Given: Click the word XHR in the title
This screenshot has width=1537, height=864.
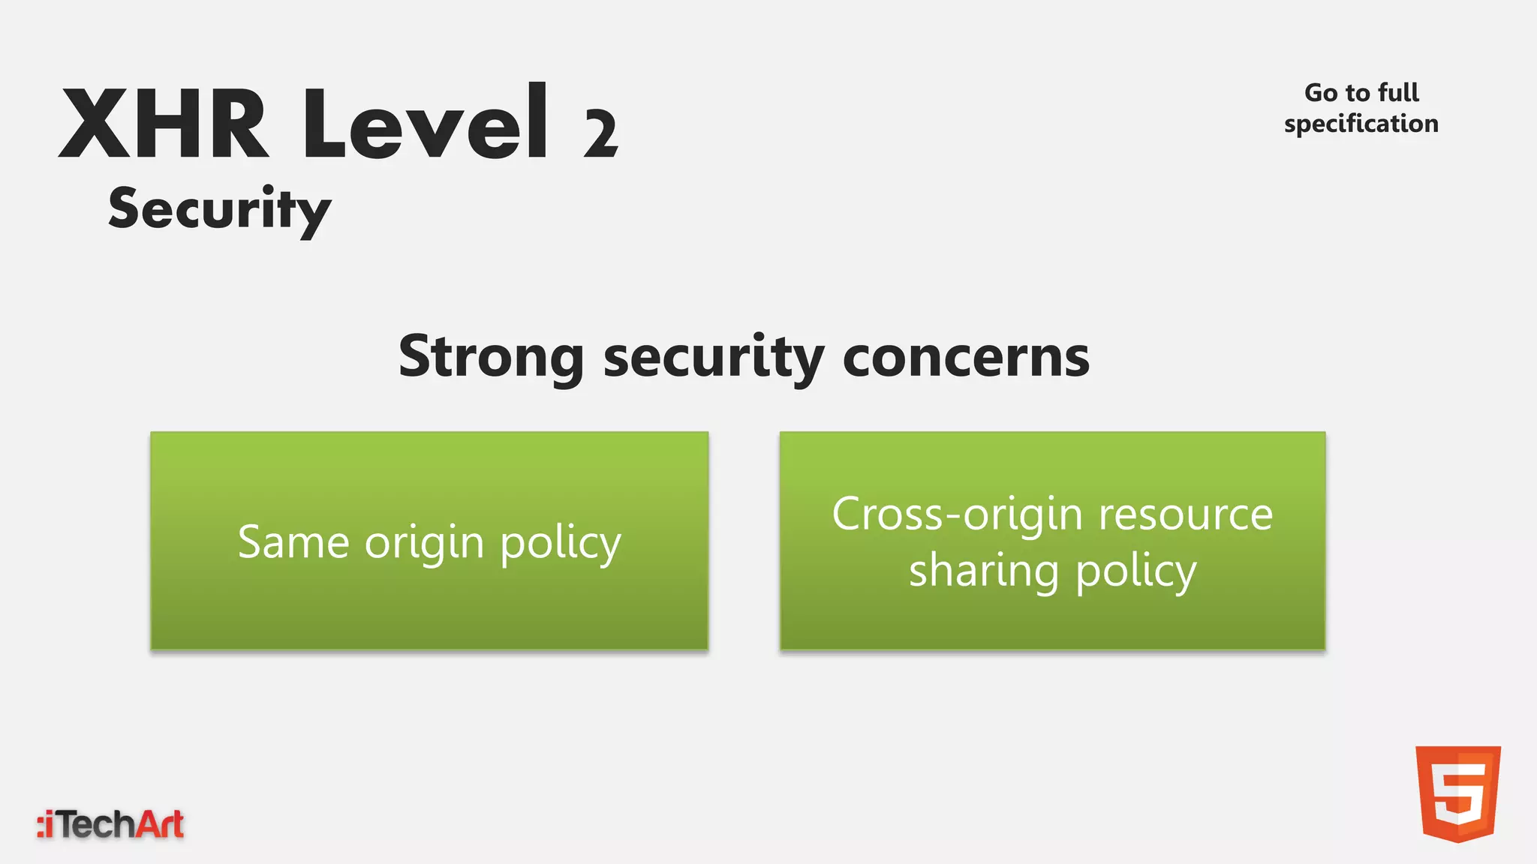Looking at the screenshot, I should click(164, 124).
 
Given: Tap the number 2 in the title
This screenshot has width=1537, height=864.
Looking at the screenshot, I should click(600, 135).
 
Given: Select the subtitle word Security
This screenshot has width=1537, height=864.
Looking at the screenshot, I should click(219, 209).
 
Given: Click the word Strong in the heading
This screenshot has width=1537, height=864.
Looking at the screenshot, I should click(491, 357).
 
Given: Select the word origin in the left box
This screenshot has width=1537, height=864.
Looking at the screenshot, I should click(424, 544).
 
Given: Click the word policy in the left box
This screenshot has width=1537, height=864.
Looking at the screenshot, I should click(561, 544).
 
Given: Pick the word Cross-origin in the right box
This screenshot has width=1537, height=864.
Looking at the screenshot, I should click(957, 516).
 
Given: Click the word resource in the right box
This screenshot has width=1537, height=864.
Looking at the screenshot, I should click(1186, 516).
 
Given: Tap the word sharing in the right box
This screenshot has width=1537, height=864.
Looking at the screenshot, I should click(984, 572).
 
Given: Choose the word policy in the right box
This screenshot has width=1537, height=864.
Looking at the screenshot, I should click(1135, 572).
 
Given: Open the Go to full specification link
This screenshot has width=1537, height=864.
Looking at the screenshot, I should click(1361, 108).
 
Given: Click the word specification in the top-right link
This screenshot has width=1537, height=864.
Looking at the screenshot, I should click(1361, 124).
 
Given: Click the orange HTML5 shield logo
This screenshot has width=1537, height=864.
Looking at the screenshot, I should click(1457, 793).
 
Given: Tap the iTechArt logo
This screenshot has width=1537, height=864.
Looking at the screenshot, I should click(110, 825).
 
